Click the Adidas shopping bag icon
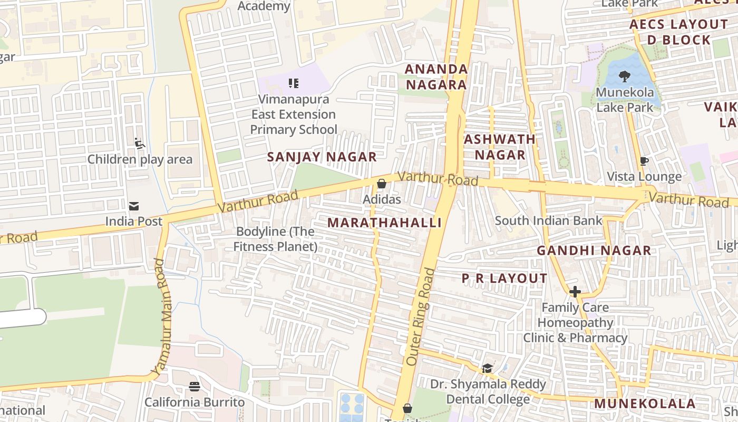[x=381, y=184]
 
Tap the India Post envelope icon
[x=134, y=206]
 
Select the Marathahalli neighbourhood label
[x=384, y=223]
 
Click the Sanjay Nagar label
[x=322, y=157]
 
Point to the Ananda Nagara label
[x=436, y=77]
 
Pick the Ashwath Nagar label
[x=499, y=147]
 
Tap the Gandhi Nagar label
[x=594, y=251]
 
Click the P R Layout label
[x=504, y=279]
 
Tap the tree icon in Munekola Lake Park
[x=624, y=76]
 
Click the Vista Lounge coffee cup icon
[x=643, y=161]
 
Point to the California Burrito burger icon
[x=195, y=387]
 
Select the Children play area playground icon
[x=140, y=143]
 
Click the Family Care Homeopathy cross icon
[x=575, y=291]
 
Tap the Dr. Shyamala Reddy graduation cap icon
[x=487, y=368]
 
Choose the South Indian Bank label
[x=548, y=220]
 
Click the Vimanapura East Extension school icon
[x=294, y=83]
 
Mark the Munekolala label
[x=645, y=404]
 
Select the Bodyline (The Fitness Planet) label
[x=275, y=239]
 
